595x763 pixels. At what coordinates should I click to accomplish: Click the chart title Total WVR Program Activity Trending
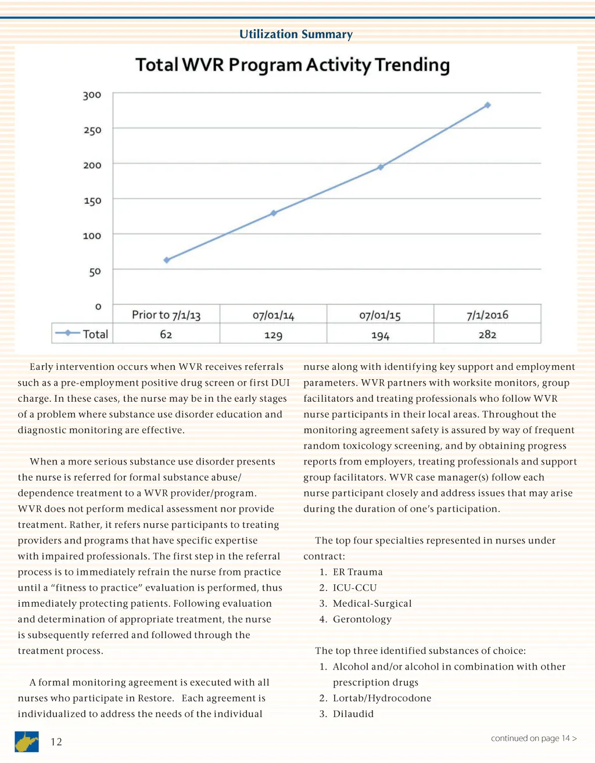(292, 65)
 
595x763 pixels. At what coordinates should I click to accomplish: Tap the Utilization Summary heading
(296, 34)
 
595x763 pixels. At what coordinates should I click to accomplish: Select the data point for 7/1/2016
(488, 105)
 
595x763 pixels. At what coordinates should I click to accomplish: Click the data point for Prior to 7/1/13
(167, 260)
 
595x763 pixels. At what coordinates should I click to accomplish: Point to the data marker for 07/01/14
(274, 213)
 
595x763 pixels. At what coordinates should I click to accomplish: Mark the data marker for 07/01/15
(381, 167)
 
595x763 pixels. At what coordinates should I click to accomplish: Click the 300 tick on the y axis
(92, 95)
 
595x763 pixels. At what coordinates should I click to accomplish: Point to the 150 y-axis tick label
(92, 200)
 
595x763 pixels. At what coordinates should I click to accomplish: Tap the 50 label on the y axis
(95, 271)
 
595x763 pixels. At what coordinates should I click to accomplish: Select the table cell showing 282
(487, 334)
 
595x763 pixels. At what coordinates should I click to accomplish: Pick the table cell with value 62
(166, 334)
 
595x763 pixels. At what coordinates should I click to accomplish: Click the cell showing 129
(273, 335)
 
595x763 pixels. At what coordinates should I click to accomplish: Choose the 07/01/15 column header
(380, 315)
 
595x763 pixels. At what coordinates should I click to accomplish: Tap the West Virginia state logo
(27, 742)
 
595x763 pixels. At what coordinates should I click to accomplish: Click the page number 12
(56, 742)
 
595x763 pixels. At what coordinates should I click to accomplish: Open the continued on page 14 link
(533, 738)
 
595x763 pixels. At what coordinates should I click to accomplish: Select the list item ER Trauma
(357, 572)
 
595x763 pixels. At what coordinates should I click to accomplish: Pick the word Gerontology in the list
(362, 619)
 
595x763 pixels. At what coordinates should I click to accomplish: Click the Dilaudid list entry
(353, 714)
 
